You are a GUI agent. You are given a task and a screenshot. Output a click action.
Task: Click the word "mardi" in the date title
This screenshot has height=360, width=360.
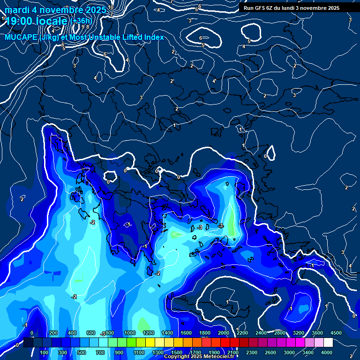[x=17, y=10]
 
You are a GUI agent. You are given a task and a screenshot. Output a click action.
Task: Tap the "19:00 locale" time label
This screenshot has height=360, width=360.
[x=36, y=22]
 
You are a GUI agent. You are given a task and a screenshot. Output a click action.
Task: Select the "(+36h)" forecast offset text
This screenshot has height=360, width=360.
[x=82, y=21]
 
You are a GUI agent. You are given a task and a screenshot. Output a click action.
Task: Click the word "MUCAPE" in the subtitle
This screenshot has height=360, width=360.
[x=21, y=37]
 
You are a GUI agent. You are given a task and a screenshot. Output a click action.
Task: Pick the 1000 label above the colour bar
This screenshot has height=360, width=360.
[x=129, y=333]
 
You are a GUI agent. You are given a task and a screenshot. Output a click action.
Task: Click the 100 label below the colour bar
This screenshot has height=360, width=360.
[x=45, y=352]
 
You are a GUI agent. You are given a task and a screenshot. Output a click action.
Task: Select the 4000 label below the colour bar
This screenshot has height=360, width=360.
[x=326, y=352]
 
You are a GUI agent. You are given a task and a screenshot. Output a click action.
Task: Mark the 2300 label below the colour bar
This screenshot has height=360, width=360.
[x=251, y=352]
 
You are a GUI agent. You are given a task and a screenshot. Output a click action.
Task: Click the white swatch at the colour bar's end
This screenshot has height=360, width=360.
[x=328, y=343]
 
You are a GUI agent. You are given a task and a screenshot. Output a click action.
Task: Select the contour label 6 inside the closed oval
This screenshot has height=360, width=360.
[x=201, y=38]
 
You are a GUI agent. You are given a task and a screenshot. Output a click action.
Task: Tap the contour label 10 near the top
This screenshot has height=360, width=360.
[x=111, y=7]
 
